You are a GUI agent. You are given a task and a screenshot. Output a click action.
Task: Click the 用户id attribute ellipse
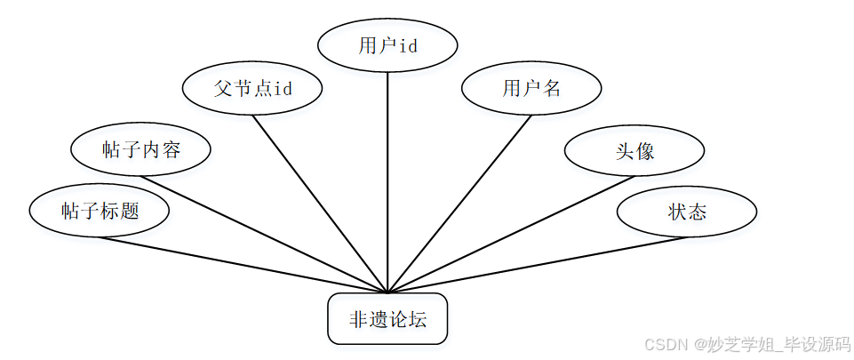click(x=387, y=45)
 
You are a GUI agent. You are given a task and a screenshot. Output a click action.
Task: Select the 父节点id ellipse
click(x=251, y=89)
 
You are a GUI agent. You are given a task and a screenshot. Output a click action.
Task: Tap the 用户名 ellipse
click(x=531, y=89)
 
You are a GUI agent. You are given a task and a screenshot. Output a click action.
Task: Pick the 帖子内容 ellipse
click(x=140, y=149)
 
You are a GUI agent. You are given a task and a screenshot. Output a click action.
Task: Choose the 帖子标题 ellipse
click(x=100, y=212)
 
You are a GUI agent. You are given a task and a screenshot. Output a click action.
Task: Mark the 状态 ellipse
click(x=687, y=212)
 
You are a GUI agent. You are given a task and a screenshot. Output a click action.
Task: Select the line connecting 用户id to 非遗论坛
click(x=387, y=178)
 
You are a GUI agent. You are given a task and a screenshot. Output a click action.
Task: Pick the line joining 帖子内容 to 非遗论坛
click(x=267, y=234)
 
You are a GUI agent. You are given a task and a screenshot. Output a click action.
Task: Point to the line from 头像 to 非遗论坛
click(x=507, y=236)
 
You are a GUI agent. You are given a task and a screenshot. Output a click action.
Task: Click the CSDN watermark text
click(x=746, y=344)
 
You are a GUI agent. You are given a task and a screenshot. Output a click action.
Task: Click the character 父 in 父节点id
click(x=222, y=89)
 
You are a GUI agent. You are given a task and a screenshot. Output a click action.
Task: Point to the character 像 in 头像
click(x=645, y=150)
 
